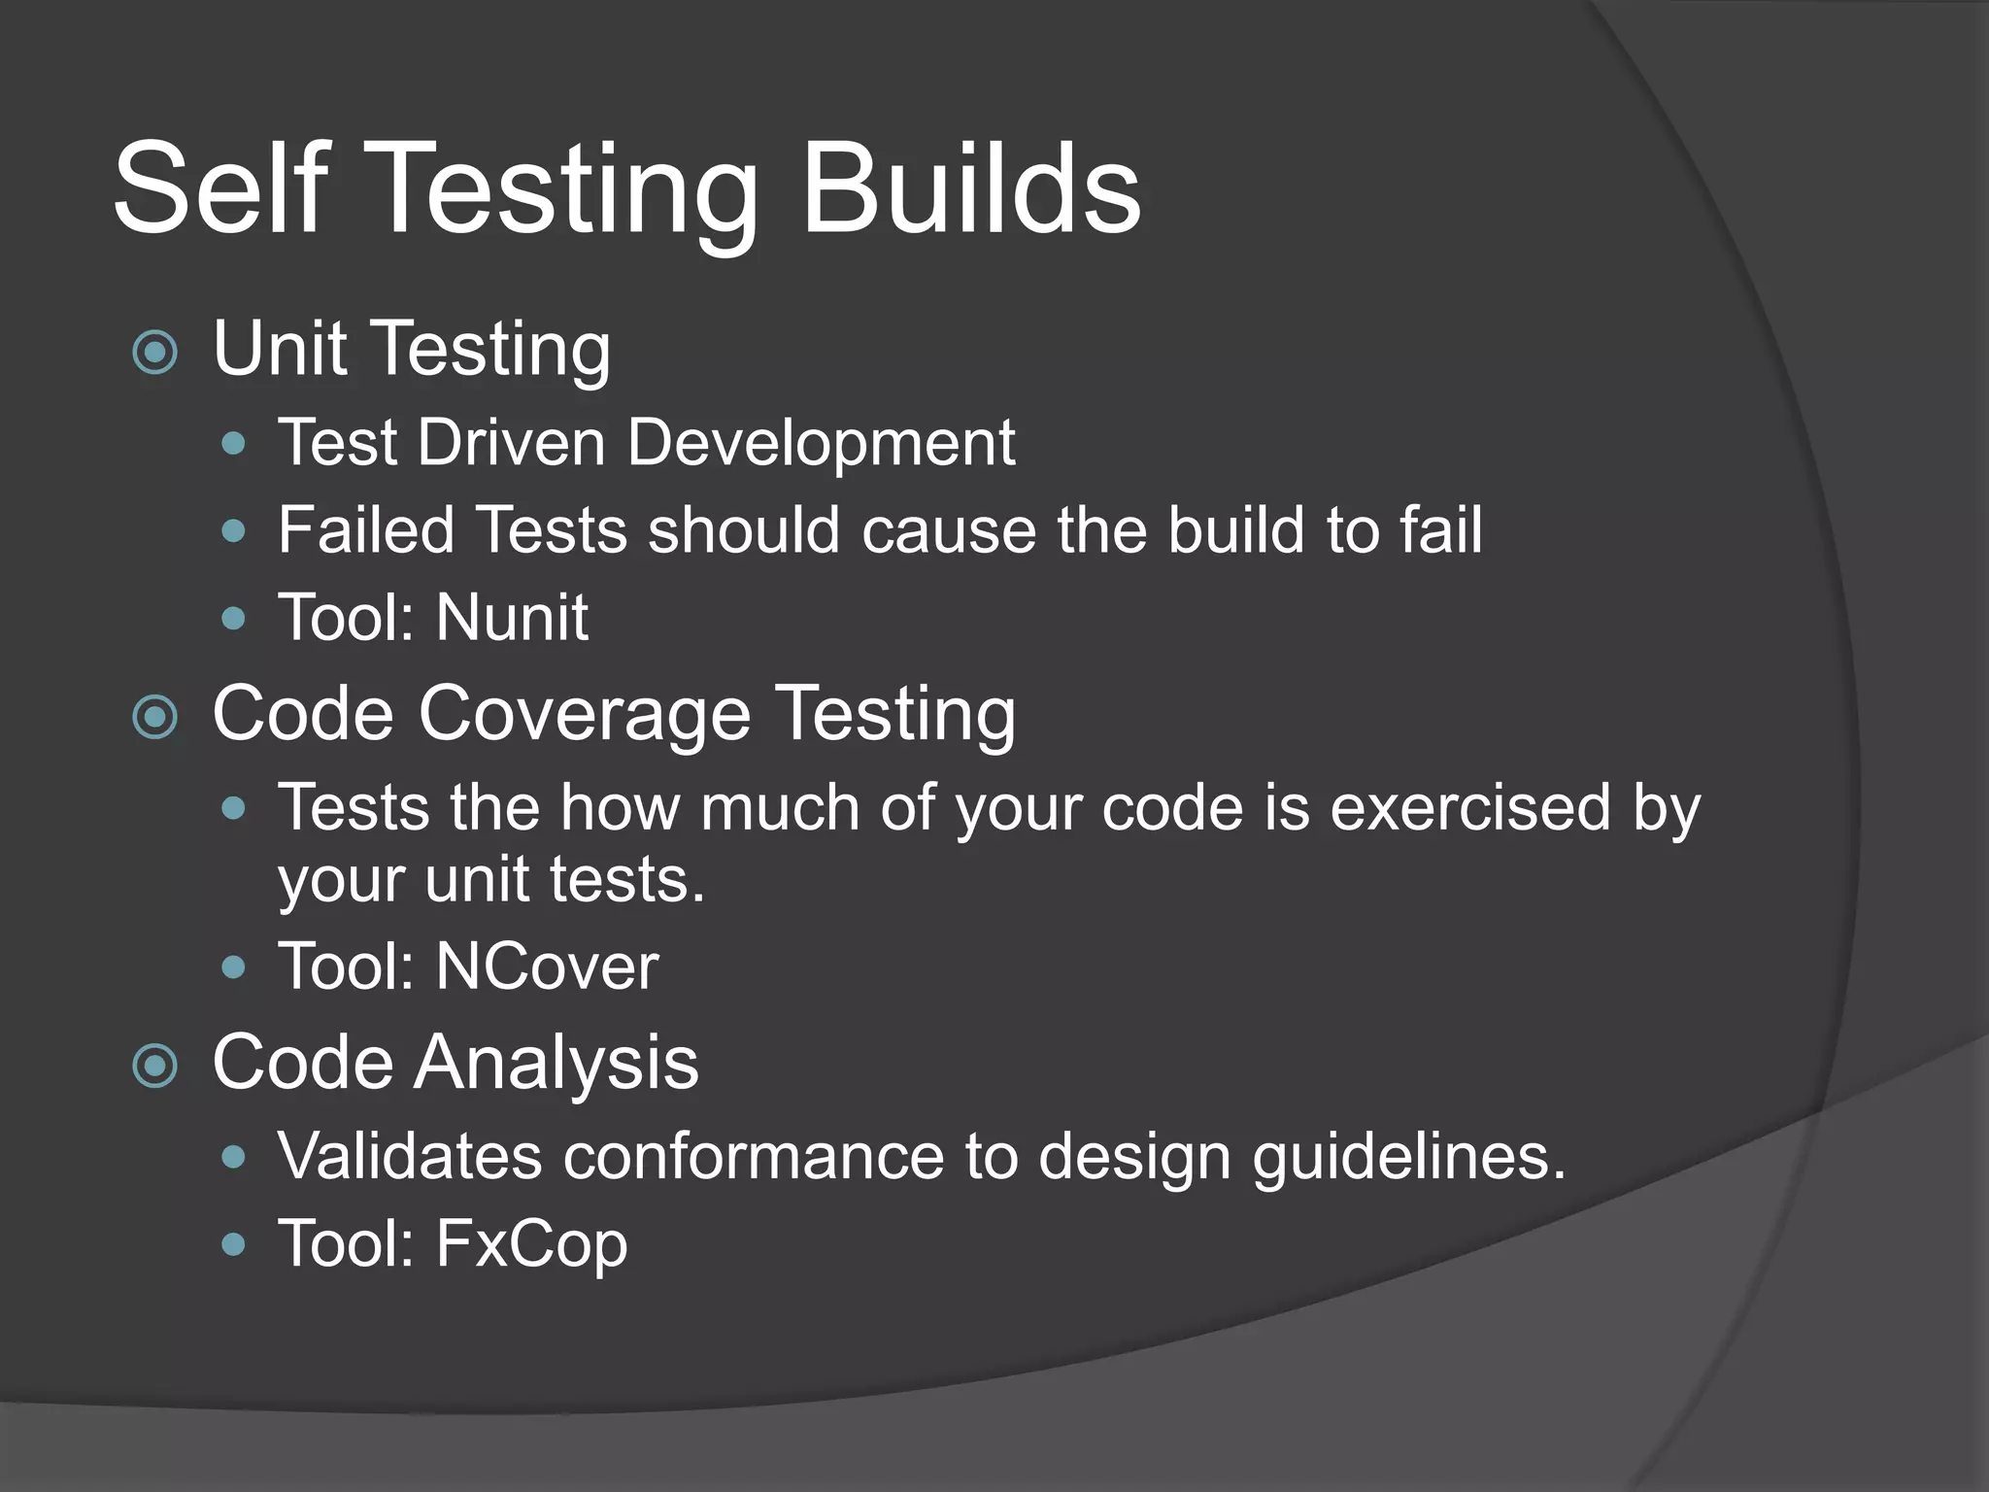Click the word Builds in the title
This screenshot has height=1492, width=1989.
pos(970,187)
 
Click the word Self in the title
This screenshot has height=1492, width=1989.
pos(221,187)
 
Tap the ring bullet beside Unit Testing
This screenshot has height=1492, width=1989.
pos(155,352)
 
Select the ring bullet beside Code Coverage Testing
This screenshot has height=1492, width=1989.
pos(155,718)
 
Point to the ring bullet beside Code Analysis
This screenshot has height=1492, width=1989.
pos(155,1066)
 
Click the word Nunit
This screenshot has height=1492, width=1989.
pos(512,618)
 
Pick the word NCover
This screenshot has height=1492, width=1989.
pos(547,967)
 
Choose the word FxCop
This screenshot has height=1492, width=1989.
pos(531,1244)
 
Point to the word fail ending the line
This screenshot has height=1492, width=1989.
pos(1440,530)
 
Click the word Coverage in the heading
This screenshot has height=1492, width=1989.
pos(585,715)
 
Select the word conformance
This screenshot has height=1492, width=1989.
pos(754,1157)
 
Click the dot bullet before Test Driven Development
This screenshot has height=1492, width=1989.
pos(233,445)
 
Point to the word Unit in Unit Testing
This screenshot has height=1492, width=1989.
pos(280,349)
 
